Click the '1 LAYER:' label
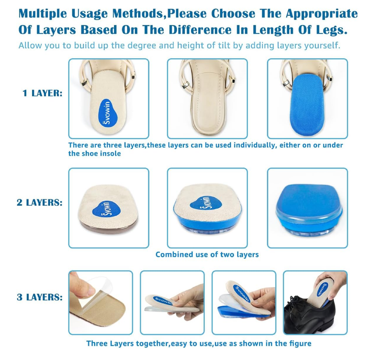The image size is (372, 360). point(42,93)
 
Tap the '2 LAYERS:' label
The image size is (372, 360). point(40,203)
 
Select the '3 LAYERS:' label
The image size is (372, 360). point(40,297)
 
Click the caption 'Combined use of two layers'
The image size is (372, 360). point(207,255)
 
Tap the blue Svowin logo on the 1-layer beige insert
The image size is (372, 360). point(108,112)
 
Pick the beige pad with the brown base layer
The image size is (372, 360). point(108,209)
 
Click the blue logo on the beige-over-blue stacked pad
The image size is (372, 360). point(206,203)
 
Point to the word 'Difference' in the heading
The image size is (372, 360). point(200,30)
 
